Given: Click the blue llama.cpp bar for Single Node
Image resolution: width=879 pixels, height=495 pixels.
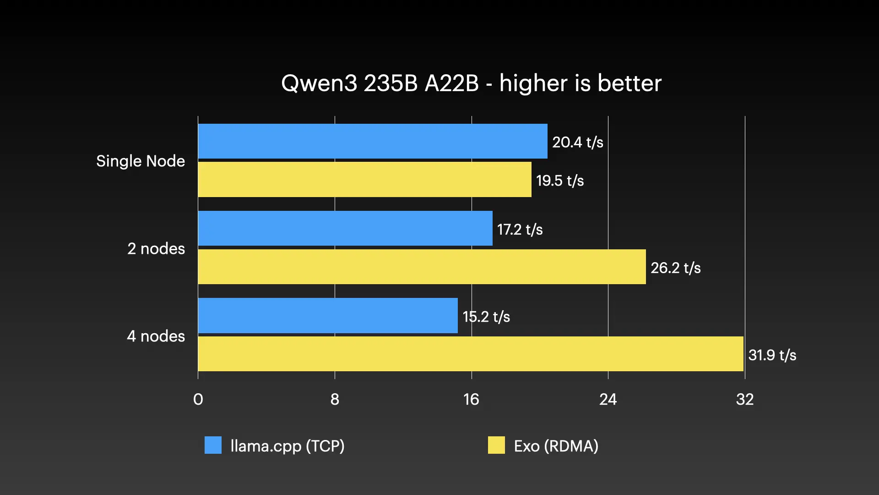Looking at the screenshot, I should pos(373,141).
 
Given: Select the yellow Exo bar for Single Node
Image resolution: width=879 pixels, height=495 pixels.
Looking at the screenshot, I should pos(364,180).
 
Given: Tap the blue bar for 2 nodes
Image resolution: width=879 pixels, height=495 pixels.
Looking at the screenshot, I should pos(345,228).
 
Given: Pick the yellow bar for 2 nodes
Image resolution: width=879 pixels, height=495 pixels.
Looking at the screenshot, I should pos(422,267).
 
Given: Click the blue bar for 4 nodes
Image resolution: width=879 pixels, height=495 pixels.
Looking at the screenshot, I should pos(328,315).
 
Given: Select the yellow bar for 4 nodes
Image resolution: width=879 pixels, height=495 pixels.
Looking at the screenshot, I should pos(471,354).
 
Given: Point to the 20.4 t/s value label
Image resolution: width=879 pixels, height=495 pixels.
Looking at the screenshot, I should pos(577,142).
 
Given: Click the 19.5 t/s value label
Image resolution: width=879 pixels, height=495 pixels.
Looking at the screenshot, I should pos(559,181).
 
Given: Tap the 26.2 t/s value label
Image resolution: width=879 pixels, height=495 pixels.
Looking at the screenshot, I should pos(675,268).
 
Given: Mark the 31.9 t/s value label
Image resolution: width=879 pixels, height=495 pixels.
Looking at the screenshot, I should pos(772,355).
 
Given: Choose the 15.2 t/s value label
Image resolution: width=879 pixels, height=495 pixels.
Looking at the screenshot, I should pos(486,316).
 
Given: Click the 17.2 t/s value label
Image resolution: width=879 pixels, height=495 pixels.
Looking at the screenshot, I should pos(520,229).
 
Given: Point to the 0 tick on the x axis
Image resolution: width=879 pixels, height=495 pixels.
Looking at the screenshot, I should pos(198,399).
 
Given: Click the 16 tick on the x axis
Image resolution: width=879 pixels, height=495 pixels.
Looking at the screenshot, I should pos(471,399).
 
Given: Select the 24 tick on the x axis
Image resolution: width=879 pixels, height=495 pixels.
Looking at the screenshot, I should pos(608,399).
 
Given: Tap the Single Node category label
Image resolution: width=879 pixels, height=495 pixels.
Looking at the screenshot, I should pos(141,161).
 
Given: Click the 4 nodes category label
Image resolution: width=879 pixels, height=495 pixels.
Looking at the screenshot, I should pos(156,336).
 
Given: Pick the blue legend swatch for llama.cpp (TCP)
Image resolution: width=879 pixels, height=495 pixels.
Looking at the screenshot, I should pos(213,445).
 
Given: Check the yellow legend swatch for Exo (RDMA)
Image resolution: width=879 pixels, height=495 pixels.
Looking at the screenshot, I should pos(496,445).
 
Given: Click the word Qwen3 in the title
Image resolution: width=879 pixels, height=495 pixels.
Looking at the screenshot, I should pos(319,83).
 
